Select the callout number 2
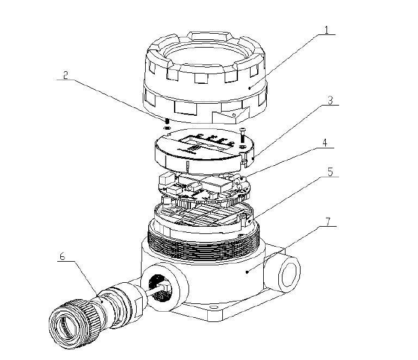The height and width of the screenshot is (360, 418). pos(66,76)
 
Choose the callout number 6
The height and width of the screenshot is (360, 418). pos(61,256)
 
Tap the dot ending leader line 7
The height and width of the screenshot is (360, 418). pos(248,273)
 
